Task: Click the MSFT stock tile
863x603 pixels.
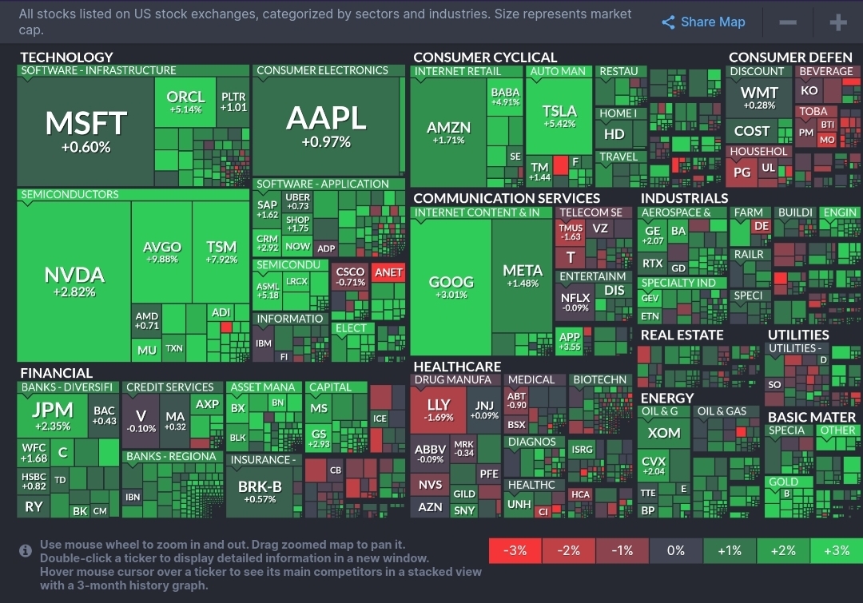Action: point(86,131)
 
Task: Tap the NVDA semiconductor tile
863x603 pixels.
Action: point(74,281)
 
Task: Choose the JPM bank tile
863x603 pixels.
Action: point(52,415)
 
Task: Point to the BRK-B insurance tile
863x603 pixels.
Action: point(260,491)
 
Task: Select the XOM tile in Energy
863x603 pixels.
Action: point(664,433)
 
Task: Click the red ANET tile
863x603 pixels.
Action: point(388,272)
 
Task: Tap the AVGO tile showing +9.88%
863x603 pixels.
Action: point(162,252)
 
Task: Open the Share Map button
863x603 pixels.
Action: point(703,22)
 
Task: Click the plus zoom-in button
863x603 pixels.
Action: point(837,22)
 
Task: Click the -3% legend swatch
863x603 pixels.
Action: point(515,550)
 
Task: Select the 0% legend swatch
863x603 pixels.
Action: point(675,550)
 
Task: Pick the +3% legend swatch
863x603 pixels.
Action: point(836,550)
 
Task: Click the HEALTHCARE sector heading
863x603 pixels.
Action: point(457,367)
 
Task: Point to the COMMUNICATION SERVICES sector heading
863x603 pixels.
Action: point(507,198)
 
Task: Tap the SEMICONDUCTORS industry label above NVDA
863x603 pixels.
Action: point(70,195)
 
